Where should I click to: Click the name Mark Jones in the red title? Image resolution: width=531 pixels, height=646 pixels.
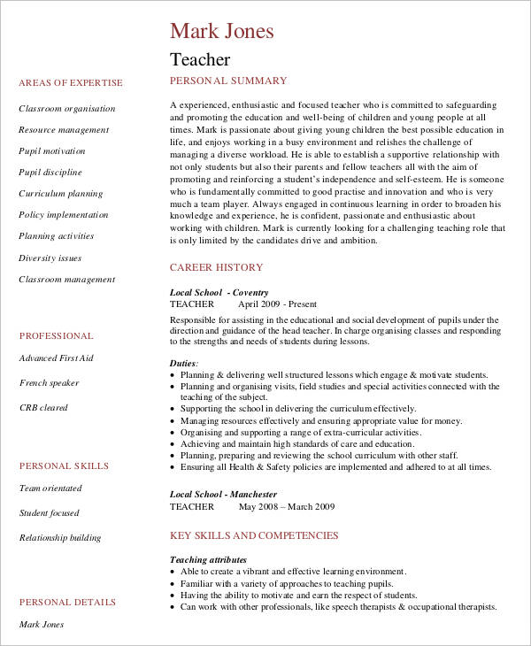222,31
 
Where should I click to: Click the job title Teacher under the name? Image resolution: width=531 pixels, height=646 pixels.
200,60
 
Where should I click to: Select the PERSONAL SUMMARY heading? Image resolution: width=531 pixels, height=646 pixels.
228,81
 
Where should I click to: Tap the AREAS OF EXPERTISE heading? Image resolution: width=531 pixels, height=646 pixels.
71,83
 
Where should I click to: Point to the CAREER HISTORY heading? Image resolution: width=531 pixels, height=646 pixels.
216,267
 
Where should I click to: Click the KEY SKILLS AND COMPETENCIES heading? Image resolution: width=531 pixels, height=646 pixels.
254,535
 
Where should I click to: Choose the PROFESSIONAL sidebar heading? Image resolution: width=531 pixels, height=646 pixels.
57,336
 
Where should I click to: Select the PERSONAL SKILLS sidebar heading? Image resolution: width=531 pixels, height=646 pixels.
65,466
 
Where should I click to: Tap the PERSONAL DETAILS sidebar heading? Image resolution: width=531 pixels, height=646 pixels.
68,603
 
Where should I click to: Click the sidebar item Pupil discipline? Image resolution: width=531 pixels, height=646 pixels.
50,173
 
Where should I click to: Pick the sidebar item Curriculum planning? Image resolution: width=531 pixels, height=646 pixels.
61,194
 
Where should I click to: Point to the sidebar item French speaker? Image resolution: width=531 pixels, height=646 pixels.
50,383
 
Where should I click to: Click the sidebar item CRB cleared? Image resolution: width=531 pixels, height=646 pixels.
43,408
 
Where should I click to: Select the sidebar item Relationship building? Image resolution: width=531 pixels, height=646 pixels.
60,538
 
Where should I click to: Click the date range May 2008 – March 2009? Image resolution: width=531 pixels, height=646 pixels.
287,507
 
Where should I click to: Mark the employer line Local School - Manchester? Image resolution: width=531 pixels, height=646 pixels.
223,495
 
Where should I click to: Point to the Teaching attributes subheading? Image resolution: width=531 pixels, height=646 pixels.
208,560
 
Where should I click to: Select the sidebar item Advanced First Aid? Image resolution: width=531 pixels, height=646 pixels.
56,358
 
